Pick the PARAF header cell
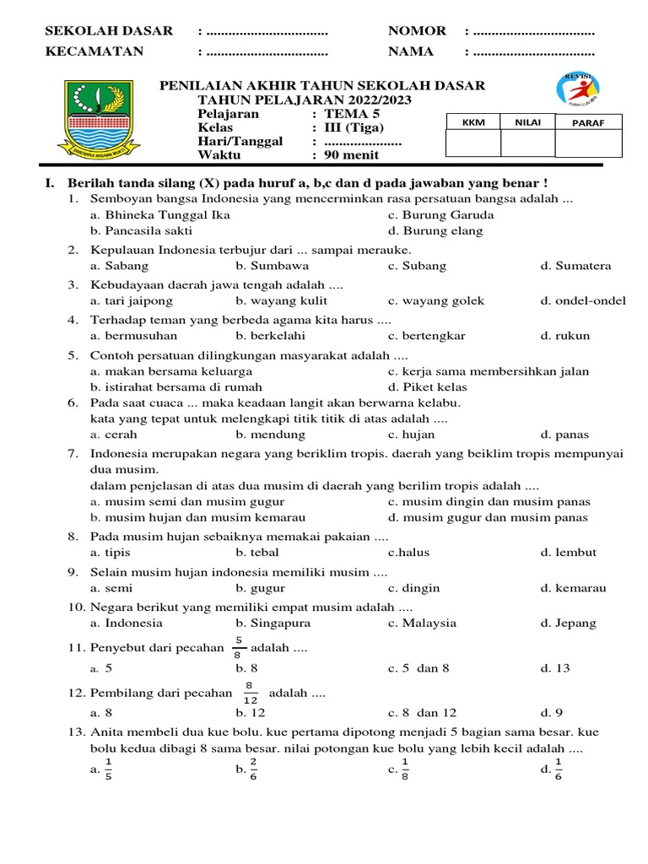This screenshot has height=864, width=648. (x=588, y=122)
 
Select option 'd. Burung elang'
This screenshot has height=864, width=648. (x=435, y=230)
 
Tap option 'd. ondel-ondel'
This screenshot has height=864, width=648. (x=583, y=300)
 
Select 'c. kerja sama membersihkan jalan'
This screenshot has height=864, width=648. (x=489, y=371)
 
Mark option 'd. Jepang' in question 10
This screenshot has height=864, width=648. (x=568, y=624)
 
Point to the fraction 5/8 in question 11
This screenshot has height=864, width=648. (x=240, y=647)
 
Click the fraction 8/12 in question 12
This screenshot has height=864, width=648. (x=249, y=693)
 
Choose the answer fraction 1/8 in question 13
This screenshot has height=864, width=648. (x=405, y=769)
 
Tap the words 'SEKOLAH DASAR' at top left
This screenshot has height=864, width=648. (x=109, y=31)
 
